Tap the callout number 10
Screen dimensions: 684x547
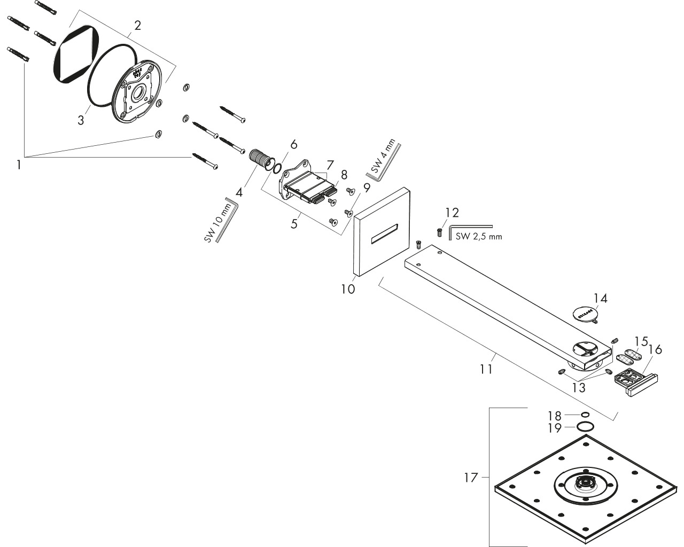click(348, 289)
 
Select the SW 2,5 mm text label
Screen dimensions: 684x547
click(479, 237)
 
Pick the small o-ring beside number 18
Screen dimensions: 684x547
click(585, 415)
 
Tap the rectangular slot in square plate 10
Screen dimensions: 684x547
click(385, 235)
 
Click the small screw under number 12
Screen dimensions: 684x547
click(440, 232)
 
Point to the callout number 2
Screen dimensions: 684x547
click(137, 26)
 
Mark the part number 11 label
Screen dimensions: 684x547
click(486, 369)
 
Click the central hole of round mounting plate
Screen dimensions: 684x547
click(138, 93)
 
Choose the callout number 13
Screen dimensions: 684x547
click(579, 388)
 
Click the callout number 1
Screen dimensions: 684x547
click(19, 165)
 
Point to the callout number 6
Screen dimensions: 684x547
click(294, 144)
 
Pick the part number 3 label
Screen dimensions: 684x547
click(81, 121)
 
